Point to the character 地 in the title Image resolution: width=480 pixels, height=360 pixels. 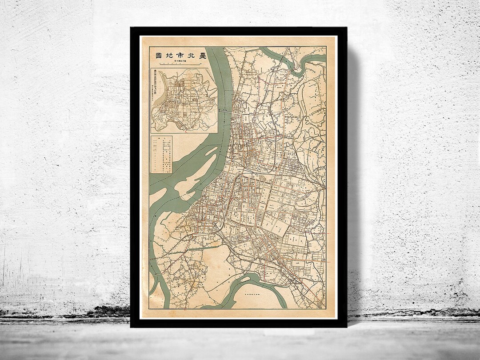(169, 56)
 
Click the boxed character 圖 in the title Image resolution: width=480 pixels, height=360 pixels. (158, 56)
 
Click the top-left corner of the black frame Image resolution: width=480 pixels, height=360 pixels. (132, 28)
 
